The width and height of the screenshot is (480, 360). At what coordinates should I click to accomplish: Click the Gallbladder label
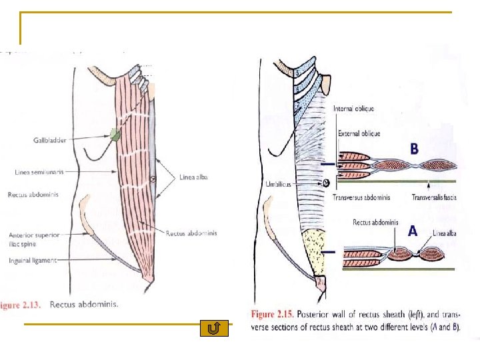(x=50, y=141)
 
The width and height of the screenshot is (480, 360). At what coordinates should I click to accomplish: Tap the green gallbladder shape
(x=116, y=135)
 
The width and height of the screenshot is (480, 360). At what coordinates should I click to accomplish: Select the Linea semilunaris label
(x=39, y=172)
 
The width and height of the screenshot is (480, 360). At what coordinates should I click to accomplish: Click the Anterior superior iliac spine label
(x=35, y=239)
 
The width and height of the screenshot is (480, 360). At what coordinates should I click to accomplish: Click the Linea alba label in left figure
(x=195, y=177)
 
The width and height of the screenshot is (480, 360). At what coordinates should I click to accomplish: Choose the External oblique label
(x=359, y=133)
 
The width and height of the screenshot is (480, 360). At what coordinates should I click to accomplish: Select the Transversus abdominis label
(x=361, y=197)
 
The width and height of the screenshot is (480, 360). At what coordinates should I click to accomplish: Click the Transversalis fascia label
(x=435, y=197)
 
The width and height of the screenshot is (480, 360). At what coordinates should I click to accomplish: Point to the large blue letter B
(x=414, y=148)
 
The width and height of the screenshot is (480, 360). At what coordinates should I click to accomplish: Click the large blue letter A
(x=413, y=231)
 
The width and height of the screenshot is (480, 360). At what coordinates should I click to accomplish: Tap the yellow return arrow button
(x=214, y=328)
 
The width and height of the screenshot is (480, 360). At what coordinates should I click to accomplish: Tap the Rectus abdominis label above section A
(x=375, y=223)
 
